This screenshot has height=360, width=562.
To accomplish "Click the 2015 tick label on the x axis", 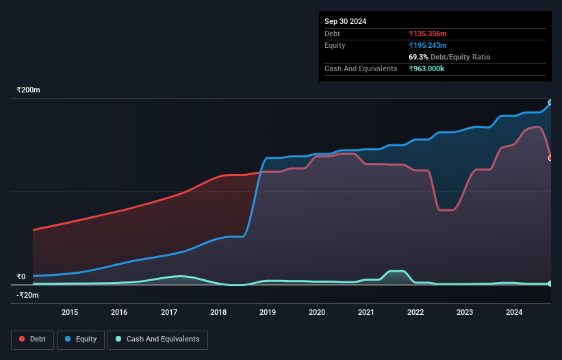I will (70, 313).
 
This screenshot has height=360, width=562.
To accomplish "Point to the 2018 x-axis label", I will (218, 313).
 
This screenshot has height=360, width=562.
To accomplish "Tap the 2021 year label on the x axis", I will (366, 313).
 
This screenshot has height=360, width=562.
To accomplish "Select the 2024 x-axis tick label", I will (515, 313).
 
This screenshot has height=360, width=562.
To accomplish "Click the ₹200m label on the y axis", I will (29, 90).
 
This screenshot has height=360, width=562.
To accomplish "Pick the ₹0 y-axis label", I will (21, 277).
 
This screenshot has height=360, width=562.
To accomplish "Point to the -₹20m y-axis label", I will (28, 295).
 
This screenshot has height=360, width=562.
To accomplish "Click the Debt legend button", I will (32, 339).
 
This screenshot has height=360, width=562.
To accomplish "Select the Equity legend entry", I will (81, 339).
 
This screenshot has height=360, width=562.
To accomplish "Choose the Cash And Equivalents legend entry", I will (157, 339).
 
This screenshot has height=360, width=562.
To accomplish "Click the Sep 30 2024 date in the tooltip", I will (345, 21).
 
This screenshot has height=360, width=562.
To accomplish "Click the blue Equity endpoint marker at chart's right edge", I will (550, 103).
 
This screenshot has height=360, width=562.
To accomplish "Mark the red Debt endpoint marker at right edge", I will (550, 158).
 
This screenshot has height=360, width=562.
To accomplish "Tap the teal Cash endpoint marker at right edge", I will (550, 283).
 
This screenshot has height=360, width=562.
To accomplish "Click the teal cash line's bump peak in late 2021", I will (396, 272).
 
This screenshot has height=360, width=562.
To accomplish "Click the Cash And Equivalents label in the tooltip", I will (361, 68).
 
